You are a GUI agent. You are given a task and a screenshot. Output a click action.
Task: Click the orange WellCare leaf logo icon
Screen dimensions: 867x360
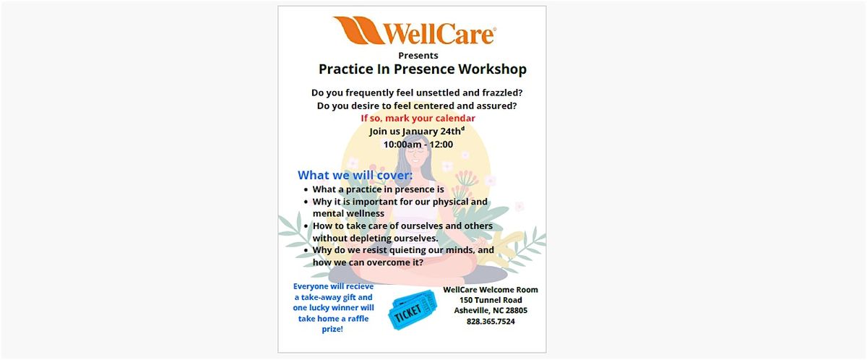pyautogui.click(x=358, y=30)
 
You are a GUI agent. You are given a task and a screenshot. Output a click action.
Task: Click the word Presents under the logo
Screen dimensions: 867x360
pyautogui.click(x=418, y=56)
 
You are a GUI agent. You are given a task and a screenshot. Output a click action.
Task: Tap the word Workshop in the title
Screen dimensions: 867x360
pyautogui.click(x=492, y=69)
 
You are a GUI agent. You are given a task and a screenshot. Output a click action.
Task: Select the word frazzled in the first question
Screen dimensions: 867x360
pyautogui.click(x=502, y=93)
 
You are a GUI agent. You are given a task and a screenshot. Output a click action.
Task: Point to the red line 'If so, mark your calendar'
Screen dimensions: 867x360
pyautogui.click(x=418, y=119)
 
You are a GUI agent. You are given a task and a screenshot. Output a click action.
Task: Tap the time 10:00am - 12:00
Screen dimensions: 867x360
pyautogui.click(x=418, y=145)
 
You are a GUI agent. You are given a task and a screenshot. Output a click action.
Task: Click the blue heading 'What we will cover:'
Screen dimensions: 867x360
pyautogui.click(x=355, y=176)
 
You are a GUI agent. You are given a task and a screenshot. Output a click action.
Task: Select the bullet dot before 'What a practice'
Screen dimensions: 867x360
pyautogui.click(x=306, y=189)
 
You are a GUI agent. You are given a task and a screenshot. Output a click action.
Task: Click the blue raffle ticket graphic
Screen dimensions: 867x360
pyautogui.click(x=413, y=309)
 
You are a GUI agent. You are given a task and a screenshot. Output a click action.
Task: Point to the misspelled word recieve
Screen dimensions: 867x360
pyautogui.click(x=358, y=286)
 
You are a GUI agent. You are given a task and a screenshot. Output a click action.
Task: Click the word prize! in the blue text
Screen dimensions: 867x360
pyautogui.click(x=332, y=329)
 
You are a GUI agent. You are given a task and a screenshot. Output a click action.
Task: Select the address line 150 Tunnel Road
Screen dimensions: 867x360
pyautogui.click(x=491, y=300)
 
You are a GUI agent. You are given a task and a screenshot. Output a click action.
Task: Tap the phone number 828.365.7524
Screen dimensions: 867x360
pyautogui.click(x=491, y=321)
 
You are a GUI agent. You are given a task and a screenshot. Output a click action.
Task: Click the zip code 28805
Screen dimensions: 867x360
pyautogui.click(x=517, y=310)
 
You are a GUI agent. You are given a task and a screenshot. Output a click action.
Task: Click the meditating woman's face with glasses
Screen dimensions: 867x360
pyautogui.click(x=415, y=154)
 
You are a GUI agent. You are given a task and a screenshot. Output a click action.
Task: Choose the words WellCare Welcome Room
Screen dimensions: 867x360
pyautogui.click(x=491, y=290)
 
